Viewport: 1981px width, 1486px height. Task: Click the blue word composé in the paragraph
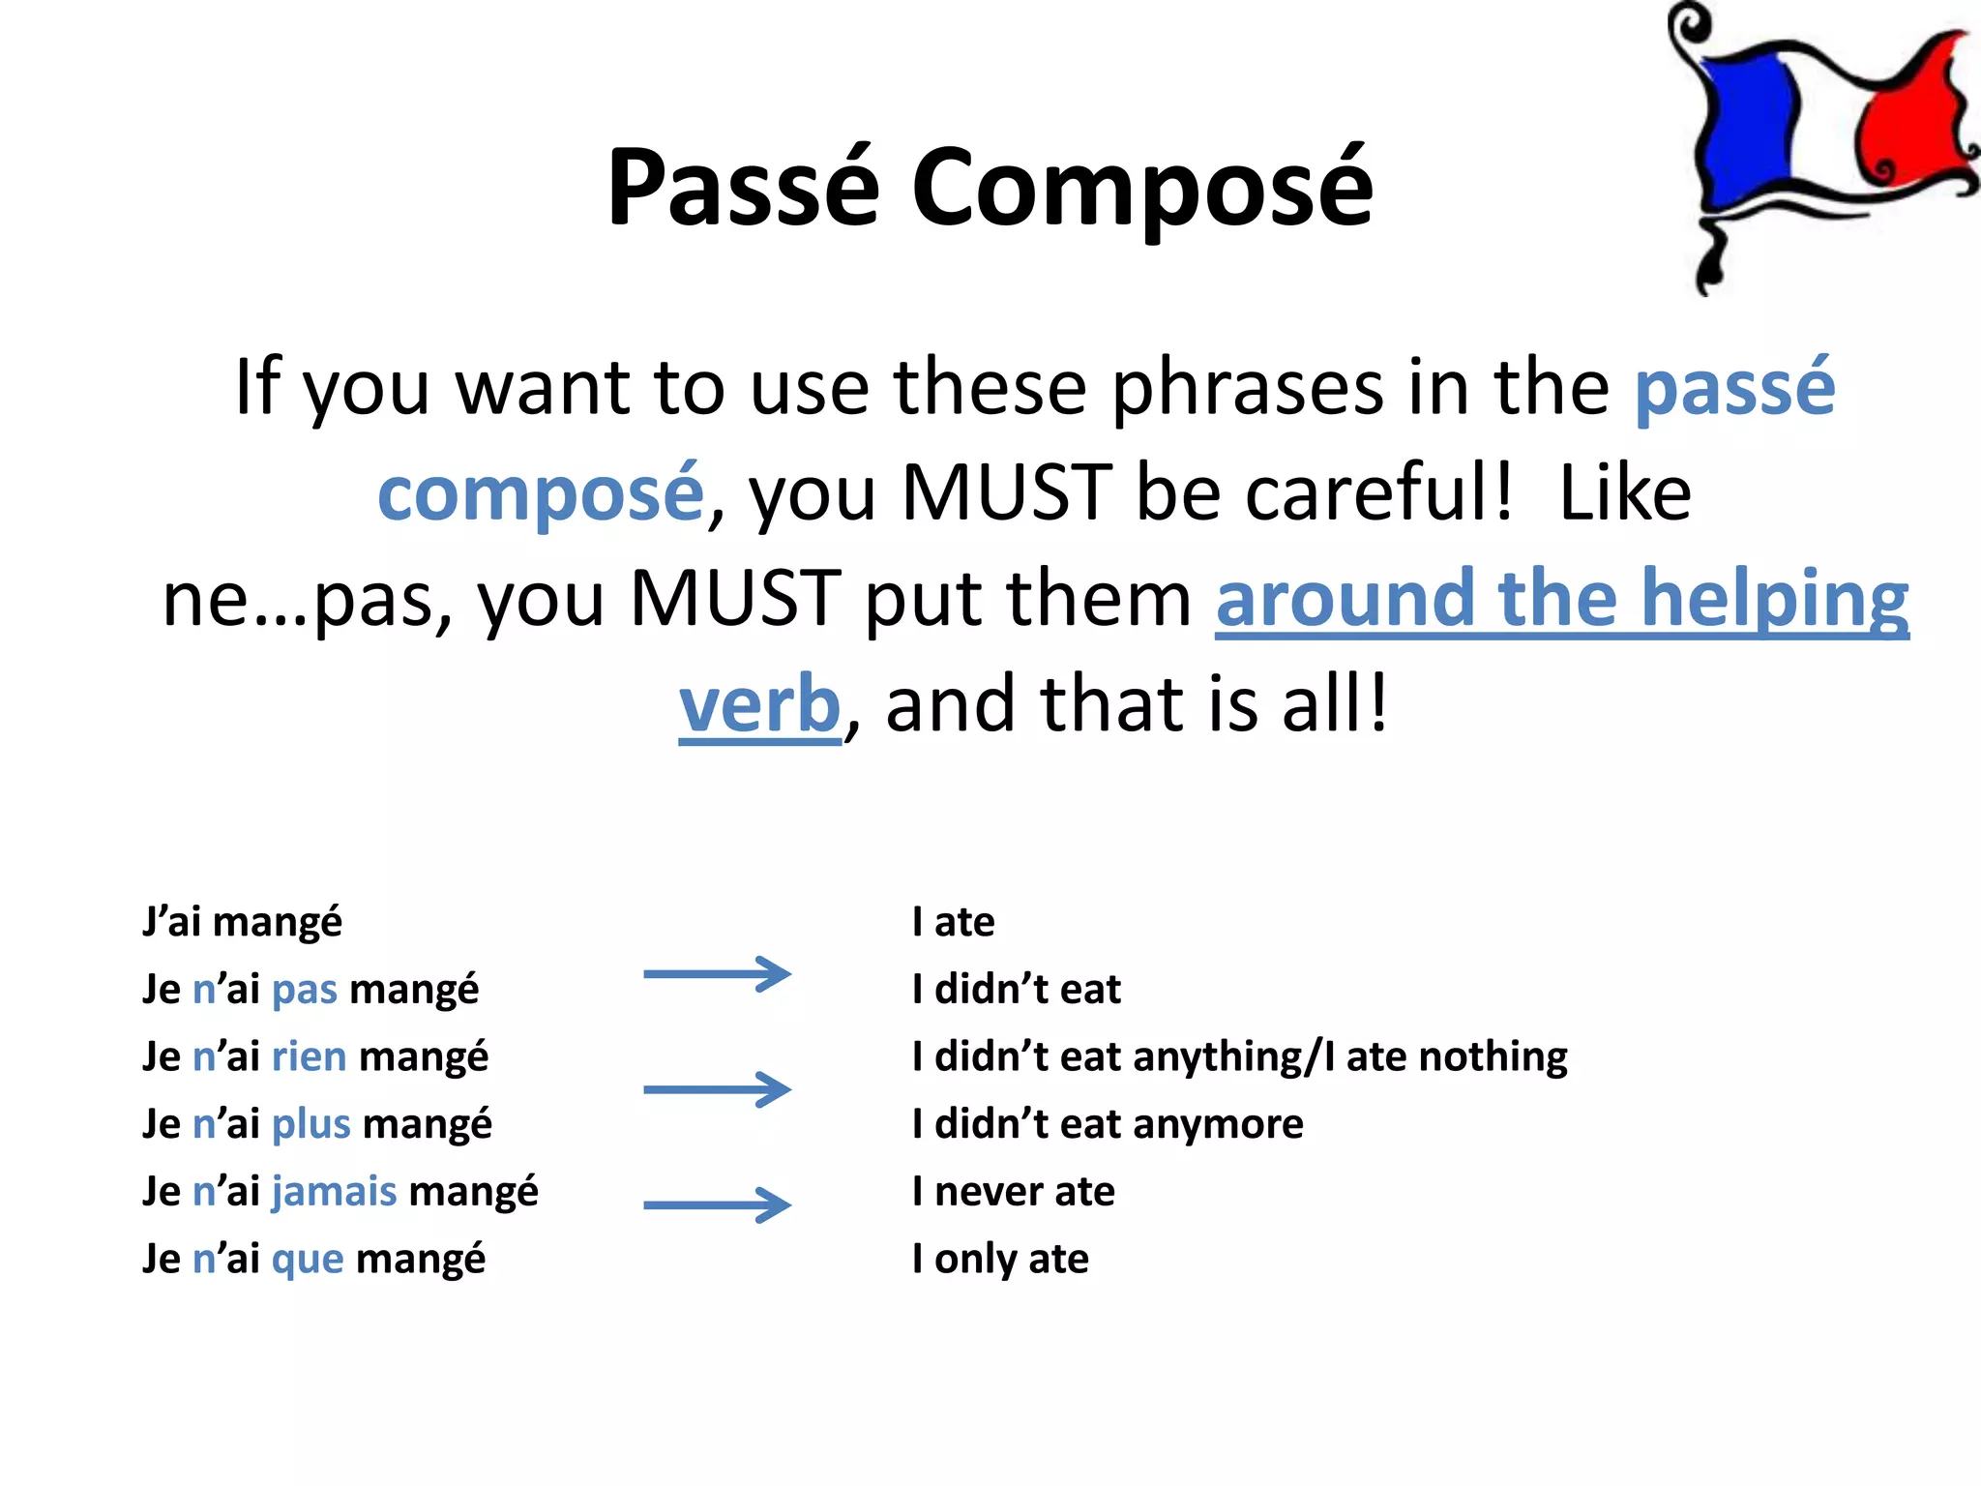pos(540,493)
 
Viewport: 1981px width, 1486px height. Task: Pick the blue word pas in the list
pos(305,990)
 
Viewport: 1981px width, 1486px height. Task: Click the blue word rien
pos(309,1056)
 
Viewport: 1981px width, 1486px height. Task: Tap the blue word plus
pos(310,1124)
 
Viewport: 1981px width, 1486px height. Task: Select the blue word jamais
pos(334,1192)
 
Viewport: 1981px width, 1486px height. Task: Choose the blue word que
pos(308,1260)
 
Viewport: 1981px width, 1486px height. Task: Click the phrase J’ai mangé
pos(242,922)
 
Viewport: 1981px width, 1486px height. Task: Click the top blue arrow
pos(717,974)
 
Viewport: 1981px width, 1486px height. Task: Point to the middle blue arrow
pos(717,1089)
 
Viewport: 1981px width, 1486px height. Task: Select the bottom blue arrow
pos(717,1204)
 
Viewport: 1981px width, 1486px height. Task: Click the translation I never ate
pos(1013,1192)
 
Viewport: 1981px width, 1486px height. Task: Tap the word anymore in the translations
pos(1218,1124)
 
